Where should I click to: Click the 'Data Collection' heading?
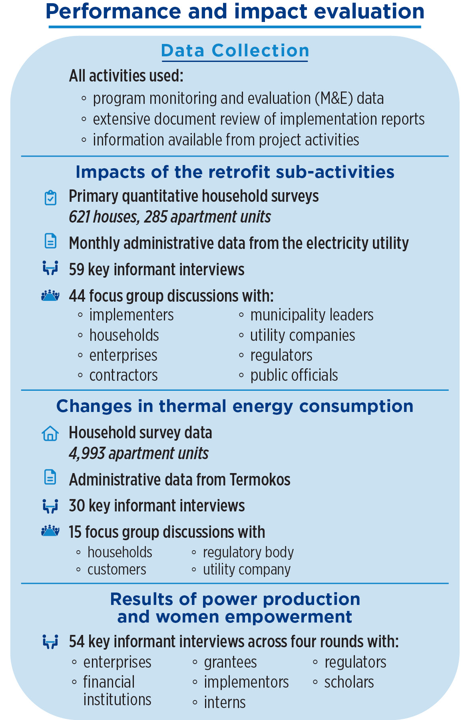pyautogui.click(x=235, y=51)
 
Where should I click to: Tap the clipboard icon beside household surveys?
pyautogui.click(x=50, y=198)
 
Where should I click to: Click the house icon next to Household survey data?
pyautogui.click(x=50, y=433)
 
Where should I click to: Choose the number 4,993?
pyautogui.click(x=87, y=453)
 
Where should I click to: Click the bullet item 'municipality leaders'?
pyautogui.click(x=312, y=315)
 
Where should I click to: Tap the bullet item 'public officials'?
pyautogui.click(x=294, y=375)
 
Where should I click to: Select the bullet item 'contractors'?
pyautogui.click(x=123, y=375)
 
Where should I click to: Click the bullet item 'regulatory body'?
pyautogui.click(x=248, y=552)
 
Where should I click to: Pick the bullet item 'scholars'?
pyautogui.click(x=349, y=682)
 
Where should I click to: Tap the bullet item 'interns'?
pyautogui.click(x=225, y=702)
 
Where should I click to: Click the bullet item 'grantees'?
pyautogui.click(x=230, y=662)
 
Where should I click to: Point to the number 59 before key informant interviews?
pyautogui.click(x=76, y=270)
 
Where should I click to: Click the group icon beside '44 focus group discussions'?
pyautogui.click(x=50, y=296)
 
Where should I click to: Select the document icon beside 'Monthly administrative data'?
pyautogui.click(x=50, y=241)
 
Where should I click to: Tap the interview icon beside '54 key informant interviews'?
pyautogui.click(x=50, y=642)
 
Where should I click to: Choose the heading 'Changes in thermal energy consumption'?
pyautogui.click(x=235, y=406)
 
